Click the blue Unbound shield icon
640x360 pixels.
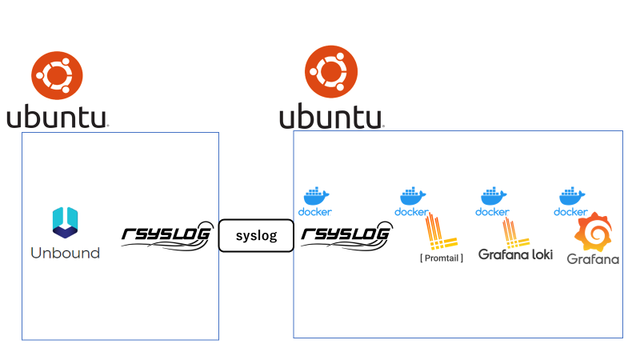pyautogui.click(x=65, y=222)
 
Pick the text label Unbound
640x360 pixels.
pyautogui.click(x=65, y=254)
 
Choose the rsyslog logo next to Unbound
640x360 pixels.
pyautogui.click(x=167, y=236)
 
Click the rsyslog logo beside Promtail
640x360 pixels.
pyautogui.click(x=346, y=236)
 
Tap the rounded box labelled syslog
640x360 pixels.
pyautogui.click(x=256, y=236)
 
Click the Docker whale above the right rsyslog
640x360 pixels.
pyautogui.click(x=316, y=196)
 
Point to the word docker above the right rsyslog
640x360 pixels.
pyautogui.click(x=315, y=212)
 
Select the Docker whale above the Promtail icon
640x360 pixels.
pyautogui.click(x=412, y=196)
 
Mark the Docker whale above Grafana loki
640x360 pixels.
pyautogui.click(x=492, y=196)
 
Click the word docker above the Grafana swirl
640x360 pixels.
pyautogui.click(x=571, y=212)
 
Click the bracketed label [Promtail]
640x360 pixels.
pyautogui.click(x=442, y=258)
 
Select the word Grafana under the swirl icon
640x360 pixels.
pyautogui.click(x=593, y=258)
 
